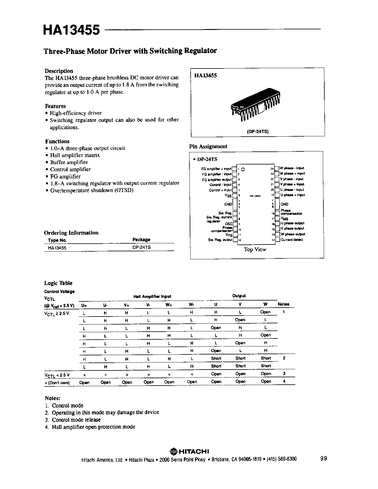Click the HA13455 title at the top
click(71, 30)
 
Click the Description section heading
click(59, 71)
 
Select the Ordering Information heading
click(71, 233)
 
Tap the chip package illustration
click(256, 105)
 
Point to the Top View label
click(255, 250)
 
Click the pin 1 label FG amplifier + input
click(216, 168)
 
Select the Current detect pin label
click(292, 240)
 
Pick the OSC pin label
click(229, 224)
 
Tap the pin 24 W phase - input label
click(292, 168)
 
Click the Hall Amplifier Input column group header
click(152, 296)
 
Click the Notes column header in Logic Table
click(283, 304)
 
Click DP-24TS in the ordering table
click(141, 247)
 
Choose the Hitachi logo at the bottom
click(190, 451)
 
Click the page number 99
click(323, 458)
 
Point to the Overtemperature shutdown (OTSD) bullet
click(92, 190)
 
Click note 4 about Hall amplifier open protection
click(93, 427)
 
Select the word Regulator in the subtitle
click(201, 51)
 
